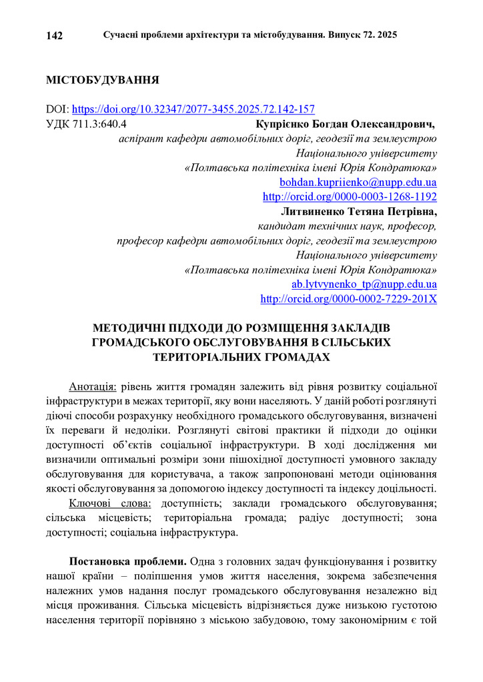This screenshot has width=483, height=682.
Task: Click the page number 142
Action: pos(55,35)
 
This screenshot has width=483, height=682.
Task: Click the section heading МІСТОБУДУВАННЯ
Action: pos(102,81)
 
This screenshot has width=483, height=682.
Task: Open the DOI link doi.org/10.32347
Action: pos(193,109)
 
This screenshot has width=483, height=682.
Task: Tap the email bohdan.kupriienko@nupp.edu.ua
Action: pos(358,182)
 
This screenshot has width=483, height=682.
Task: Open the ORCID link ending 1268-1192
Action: pos(350,196)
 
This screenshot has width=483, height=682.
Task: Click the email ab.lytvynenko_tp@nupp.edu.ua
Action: pos(364,284)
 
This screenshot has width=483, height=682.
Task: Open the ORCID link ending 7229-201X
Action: pos(348,299)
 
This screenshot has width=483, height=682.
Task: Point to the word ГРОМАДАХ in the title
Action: pos(297,356)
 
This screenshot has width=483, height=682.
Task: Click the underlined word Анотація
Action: pos(93,386)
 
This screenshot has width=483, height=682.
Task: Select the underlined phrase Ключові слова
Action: pos(111,503)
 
